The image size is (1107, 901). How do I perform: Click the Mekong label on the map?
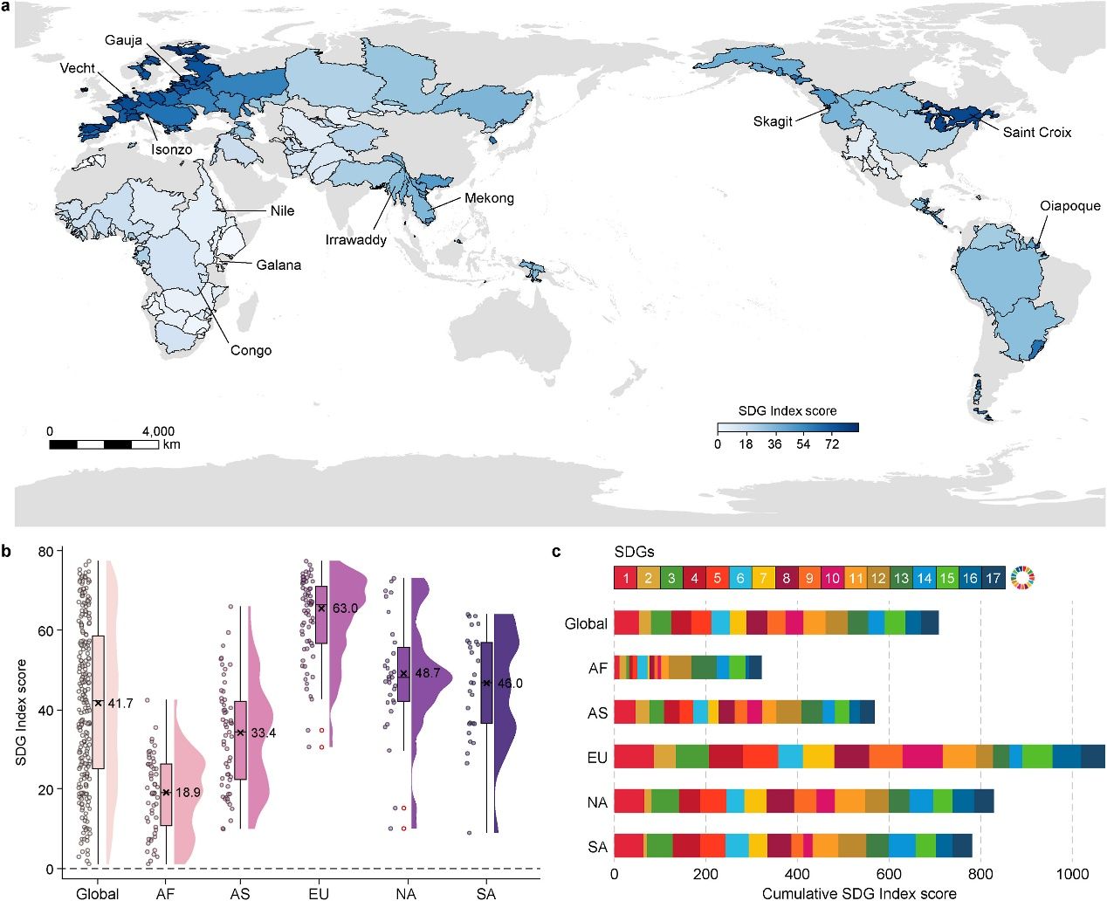click(x=489, y=198)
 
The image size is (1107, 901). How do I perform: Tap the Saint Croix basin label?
click(x=1036, y=133)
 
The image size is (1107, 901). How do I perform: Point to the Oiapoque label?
click(x=1069, y=207)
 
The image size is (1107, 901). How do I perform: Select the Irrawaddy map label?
click(x=355, y=240)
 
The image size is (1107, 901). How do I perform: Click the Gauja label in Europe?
click(x=123, y=41)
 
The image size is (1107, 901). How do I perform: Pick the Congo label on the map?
click(x=251, y=351)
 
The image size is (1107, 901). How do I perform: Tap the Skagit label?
click(x=773, y=122)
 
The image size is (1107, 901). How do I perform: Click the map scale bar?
click(x=104, y=444)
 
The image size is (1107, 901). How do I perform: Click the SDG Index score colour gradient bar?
click(x=787, y=428)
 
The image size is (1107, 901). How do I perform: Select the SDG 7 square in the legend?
click(x=762, y=578)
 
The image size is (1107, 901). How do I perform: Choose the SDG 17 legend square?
click(x=993, y=578)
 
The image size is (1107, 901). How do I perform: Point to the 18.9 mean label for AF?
click(x=188, y=793)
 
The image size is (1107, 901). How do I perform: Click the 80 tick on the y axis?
click(x=45, y=551)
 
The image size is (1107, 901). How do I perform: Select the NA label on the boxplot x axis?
click(x=405, y=893)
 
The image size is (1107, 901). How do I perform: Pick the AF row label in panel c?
click(x=597, y=668)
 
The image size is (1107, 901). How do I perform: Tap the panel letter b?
click(x=7, y=552)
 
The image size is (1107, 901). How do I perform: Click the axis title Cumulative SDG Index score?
click(x=859, y=893)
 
